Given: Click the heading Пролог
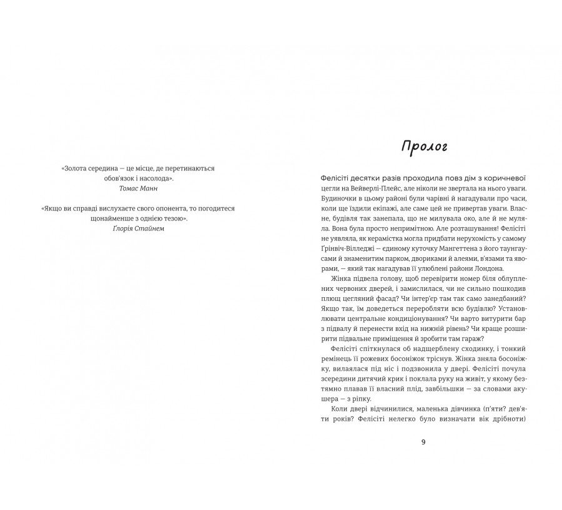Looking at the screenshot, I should (x=424, y=147).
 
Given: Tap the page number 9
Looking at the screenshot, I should (x=423, y=442).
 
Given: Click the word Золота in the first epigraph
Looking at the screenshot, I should (x=75, y=168).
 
